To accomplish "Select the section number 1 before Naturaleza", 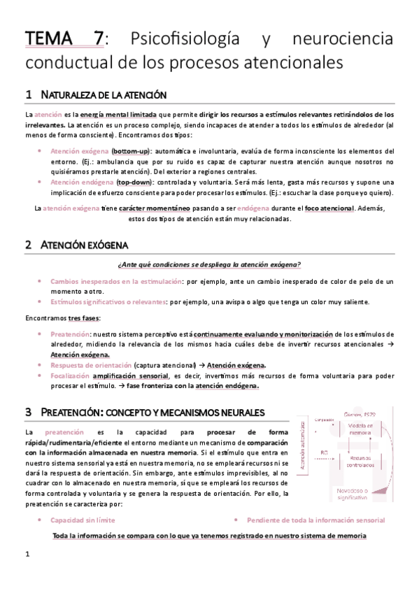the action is pos(28,94).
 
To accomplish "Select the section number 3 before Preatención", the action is pos(28,413).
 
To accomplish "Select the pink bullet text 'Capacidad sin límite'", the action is pos(83,520).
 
